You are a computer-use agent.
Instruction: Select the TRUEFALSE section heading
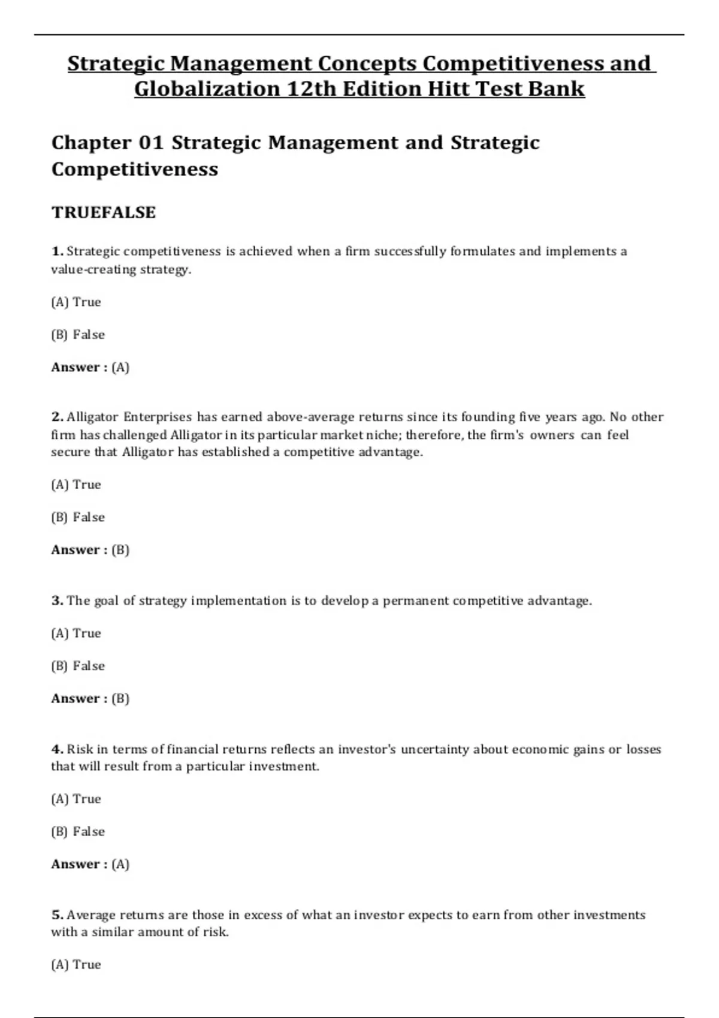(x=104, y=213)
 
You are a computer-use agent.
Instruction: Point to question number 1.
(x=57, y=252)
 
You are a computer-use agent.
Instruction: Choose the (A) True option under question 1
(x=76, y=302)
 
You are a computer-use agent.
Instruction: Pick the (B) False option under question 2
(x=78, y=517)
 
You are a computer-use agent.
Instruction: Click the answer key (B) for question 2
(x=120, y=550)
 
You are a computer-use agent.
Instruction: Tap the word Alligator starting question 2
(x=92, y=417)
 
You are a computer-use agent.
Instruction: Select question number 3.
(x=57, y=601)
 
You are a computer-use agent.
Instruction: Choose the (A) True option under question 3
(x=76, y=633)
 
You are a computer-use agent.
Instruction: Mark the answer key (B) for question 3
(x=120, y=698)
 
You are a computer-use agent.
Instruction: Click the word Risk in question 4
(x=80, y=749)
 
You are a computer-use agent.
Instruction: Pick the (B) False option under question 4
(x=78, y=831)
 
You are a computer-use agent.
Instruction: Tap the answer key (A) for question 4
(x=120, y=864)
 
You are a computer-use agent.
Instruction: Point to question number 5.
(x=57, y=915)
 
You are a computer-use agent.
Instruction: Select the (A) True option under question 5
(x=76, y=964)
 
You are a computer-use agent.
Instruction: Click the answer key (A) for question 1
(x=120, y=367)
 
